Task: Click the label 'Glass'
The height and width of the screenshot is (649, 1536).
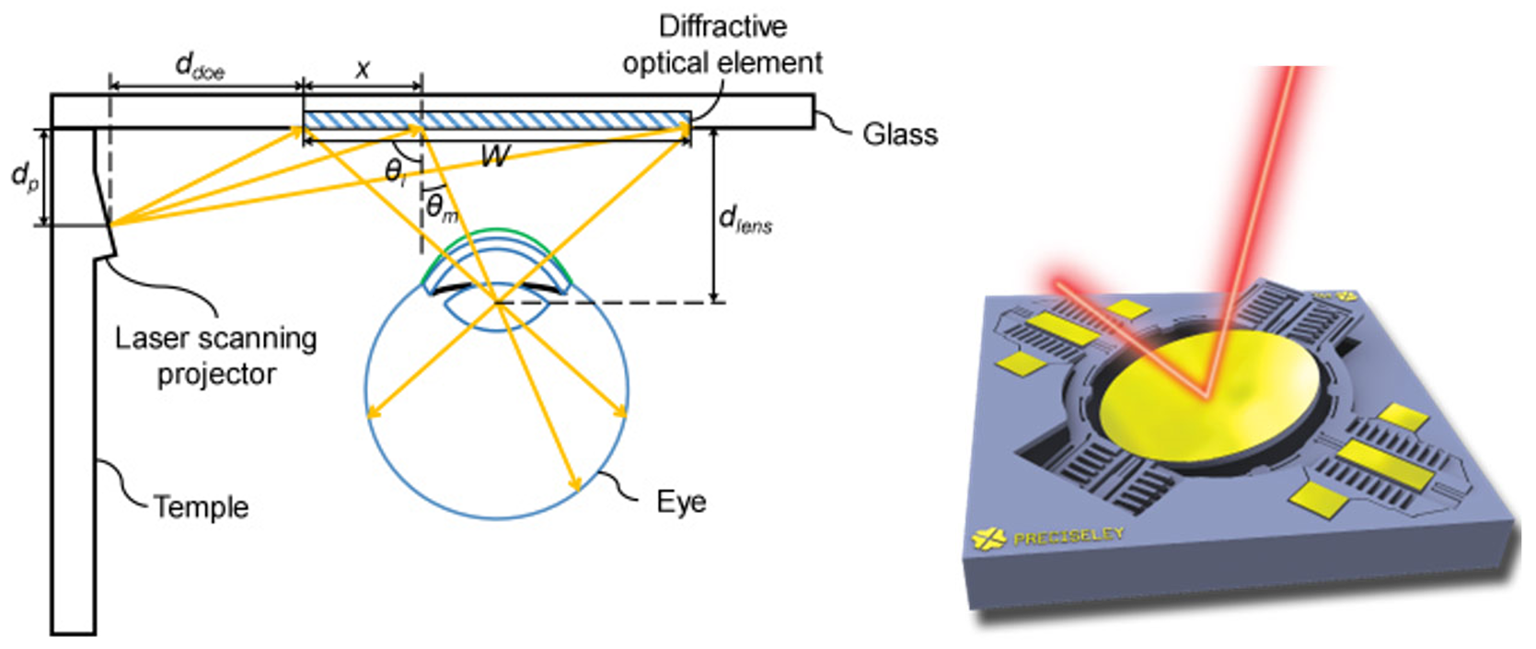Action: tap(899, 134)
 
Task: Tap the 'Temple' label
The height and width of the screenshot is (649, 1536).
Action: tap(201, 506)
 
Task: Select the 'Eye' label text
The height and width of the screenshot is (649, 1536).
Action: tap(681, 502)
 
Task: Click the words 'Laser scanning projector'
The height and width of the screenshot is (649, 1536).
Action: tap(216, 356)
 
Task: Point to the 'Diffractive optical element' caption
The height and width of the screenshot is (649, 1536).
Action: tap(722, 44)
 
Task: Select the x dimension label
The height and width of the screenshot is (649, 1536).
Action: tap(363, 67)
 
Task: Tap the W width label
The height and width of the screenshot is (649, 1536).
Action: tap(495, 156)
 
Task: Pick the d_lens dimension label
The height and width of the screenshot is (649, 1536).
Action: tap(745, 220)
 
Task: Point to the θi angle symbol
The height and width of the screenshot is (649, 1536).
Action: tap(395, 171)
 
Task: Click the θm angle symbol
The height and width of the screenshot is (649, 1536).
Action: tap(441, 208)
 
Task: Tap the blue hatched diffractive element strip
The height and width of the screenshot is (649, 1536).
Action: tap(497, 121)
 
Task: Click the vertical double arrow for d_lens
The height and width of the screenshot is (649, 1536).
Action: tap(714, 216)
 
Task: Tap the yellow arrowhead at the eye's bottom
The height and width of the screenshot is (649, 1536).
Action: tap(576, 485)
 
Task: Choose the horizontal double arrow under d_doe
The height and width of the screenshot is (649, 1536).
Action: tap(206, 86)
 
